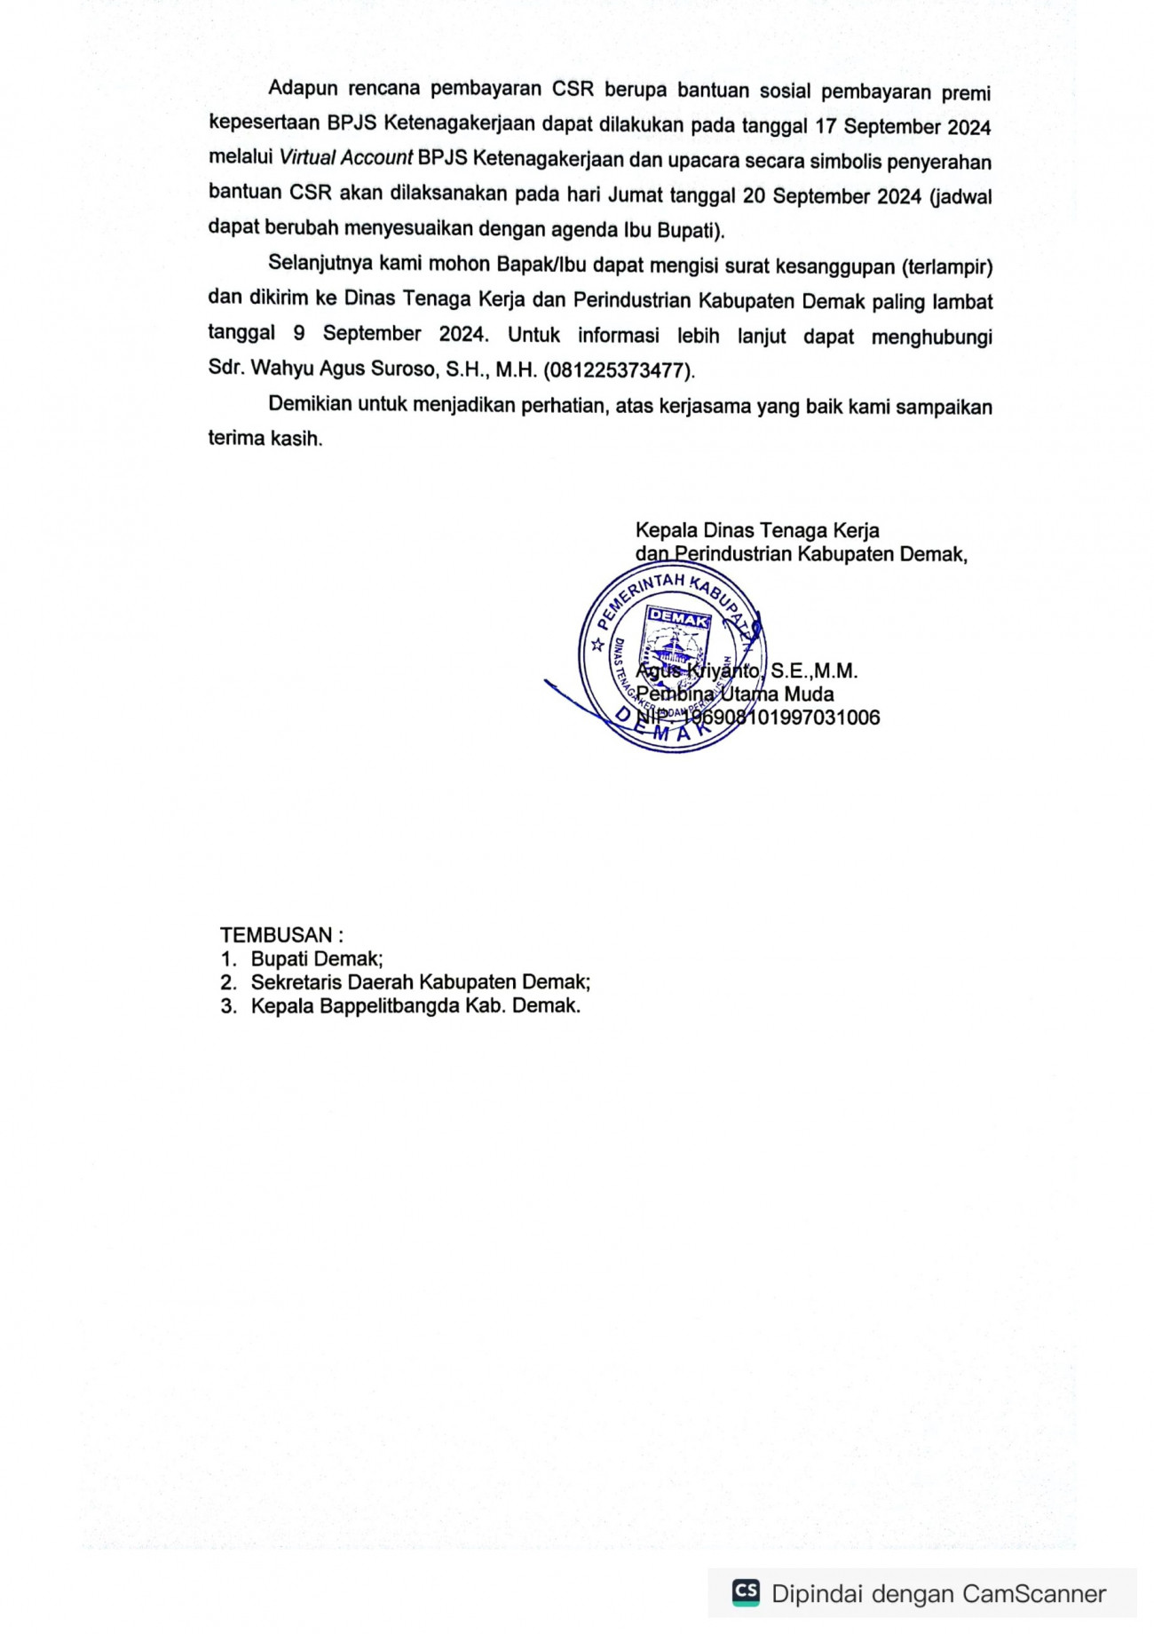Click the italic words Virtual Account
(x=346, y=159)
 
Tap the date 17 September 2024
(x=902, y=127)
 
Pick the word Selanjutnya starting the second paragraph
(x=319, y=265)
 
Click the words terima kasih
(x=265, y=439)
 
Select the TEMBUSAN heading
(x=276, y=935)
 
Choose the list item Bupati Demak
(x=316, y=959)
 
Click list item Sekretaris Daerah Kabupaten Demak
(x=420, y=983)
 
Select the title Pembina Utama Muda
(x=735, y=694)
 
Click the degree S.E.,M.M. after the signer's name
(x=813, y=671)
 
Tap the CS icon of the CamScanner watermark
(x=746, y=1592)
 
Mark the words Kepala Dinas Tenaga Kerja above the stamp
(x=757, y=531)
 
